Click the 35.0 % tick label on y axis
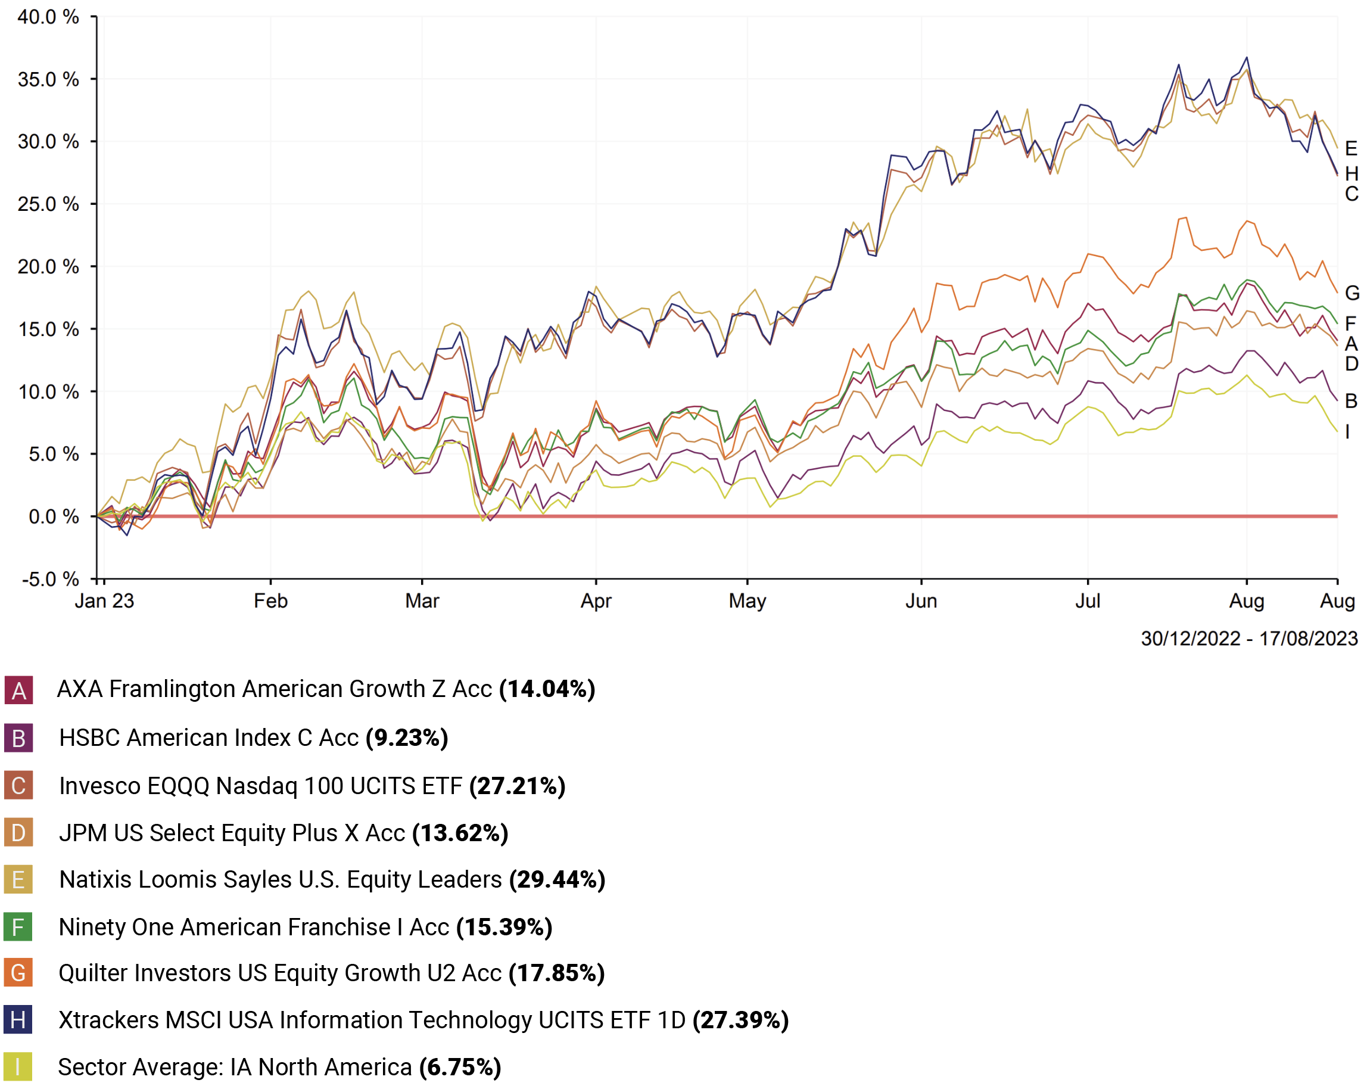pyautogui.click(x=48, y=80)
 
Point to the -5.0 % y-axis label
pyautogui.click(x=50, y=579)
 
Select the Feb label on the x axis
pyautogui.click(x=270, y=600)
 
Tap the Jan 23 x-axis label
pyautogui.click(x=104, y=600)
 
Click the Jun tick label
pyautogui.click(x=920, y=600)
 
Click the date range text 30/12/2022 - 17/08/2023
pyautogui.click(x=1249, y=639)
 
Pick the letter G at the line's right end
pyautogui.click(x=1352, y=293)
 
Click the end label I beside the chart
pyautogui.click(x=1347, y=431)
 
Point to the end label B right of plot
pyautogui.click(x=1351, y=400)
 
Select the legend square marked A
pyautogui.click(x=18, y=690)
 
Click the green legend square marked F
pyautogui.click(x=18, y=927)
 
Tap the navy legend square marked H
pyautogui.click(x=18, y=1019)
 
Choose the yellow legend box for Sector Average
pyautogui.click(x=18, y=1067)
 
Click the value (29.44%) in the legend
pyautogui.click(x=558, y=879)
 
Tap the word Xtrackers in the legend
pyautogui.click(x=109, y=1020)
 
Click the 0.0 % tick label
pyautogui.click(x=53, y=517)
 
